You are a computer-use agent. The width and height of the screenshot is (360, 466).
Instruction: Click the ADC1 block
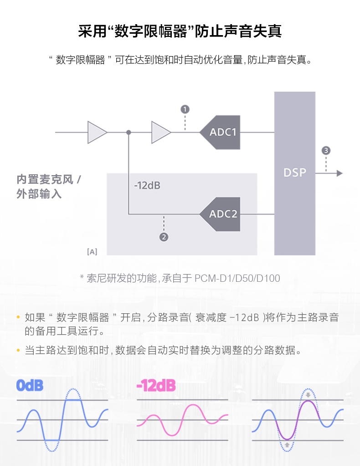pos(221,132)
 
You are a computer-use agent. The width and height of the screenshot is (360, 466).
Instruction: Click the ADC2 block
pos(222,214)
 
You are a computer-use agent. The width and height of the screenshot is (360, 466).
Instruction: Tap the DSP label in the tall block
pos(295,172)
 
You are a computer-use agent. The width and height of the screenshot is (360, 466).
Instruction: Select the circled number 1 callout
pos(185,109)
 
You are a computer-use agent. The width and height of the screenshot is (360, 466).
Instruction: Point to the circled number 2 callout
pos(164,237)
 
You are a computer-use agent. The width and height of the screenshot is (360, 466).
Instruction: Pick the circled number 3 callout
pos(326,150)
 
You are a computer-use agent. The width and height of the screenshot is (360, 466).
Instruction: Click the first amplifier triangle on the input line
pos(97,132)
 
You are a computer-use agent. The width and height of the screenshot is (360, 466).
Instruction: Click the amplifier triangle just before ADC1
pos(160,132)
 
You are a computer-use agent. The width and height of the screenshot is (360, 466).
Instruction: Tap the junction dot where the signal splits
pos(129,132)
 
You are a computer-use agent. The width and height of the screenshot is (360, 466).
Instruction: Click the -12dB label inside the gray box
pos(147,186)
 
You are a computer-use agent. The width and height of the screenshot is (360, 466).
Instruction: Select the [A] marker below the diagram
pos(92,251)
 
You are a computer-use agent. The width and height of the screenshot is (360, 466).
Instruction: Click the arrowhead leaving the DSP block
pos(339,173)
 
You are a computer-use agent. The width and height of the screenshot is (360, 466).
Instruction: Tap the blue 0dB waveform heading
pos(30,386)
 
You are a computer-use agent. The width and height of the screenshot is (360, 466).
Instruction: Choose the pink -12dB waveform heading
pos(156,386)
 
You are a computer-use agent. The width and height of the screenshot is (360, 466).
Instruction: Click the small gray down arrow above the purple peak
pos(309,395)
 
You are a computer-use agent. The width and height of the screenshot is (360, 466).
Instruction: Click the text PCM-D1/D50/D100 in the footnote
pos(237,278)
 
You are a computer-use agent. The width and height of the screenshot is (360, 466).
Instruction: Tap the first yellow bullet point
pos(18,317)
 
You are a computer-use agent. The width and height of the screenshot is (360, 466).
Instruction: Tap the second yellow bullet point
pos(18,351)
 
